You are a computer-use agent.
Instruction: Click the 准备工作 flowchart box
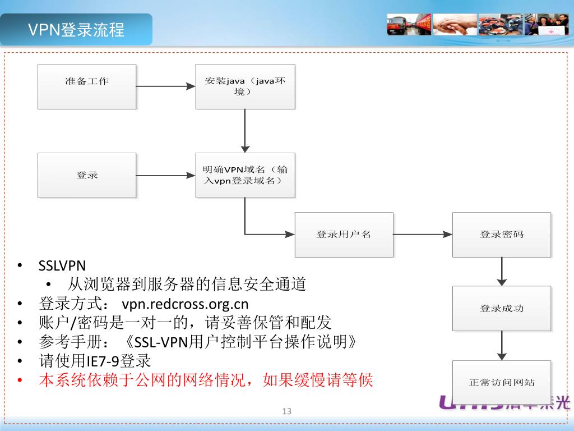pos(87,86)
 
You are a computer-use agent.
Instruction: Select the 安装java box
pos(245,86)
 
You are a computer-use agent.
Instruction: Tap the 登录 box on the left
pos(87,175)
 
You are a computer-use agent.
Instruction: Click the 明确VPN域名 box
pos(245,175)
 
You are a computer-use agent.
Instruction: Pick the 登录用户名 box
pos(344,235)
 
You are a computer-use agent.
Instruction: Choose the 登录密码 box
pos(502,235)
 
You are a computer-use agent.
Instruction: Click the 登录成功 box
pos(502,309)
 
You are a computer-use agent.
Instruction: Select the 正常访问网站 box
pos(502,382)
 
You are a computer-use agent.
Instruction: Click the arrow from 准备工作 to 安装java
pos(165,86)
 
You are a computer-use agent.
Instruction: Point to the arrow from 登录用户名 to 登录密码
pos(423,235)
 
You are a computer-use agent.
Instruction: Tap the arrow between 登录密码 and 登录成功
pos(502,272)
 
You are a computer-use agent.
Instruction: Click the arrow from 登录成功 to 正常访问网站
pos(502,345)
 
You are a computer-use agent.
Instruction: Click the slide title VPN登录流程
pos(76,30)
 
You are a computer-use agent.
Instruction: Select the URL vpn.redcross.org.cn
pos(185,304)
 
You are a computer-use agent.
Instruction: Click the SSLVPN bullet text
pos(62,265)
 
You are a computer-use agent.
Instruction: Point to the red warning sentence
pos(206,380)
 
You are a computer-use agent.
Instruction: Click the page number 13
pos(287,411)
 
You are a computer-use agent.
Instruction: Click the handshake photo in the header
pos(455,25)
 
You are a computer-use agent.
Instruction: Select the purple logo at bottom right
pos(493,402)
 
